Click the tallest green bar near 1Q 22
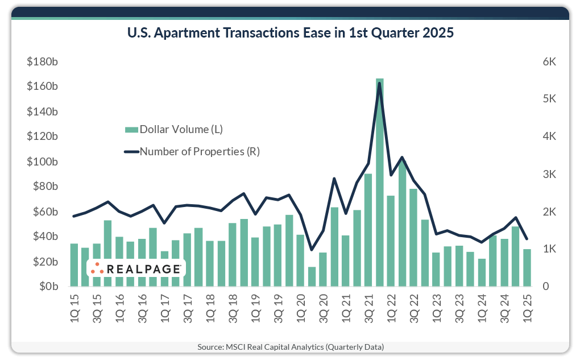click(x=379, y=182)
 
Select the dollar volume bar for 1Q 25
click(x=527, y=267)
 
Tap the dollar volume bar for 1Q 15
click(x=74, y=264)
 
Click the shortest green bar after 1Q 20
click(x=312, y=276)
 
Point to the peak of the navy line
click(x=379, y=83)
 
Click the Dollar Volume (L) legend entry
click(x=174, y=129)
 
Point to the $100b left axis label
click(x=42, y=162)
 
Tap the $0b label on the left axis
click(x=47, y=287)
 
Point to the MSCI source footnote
click(x=290, y=346)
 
